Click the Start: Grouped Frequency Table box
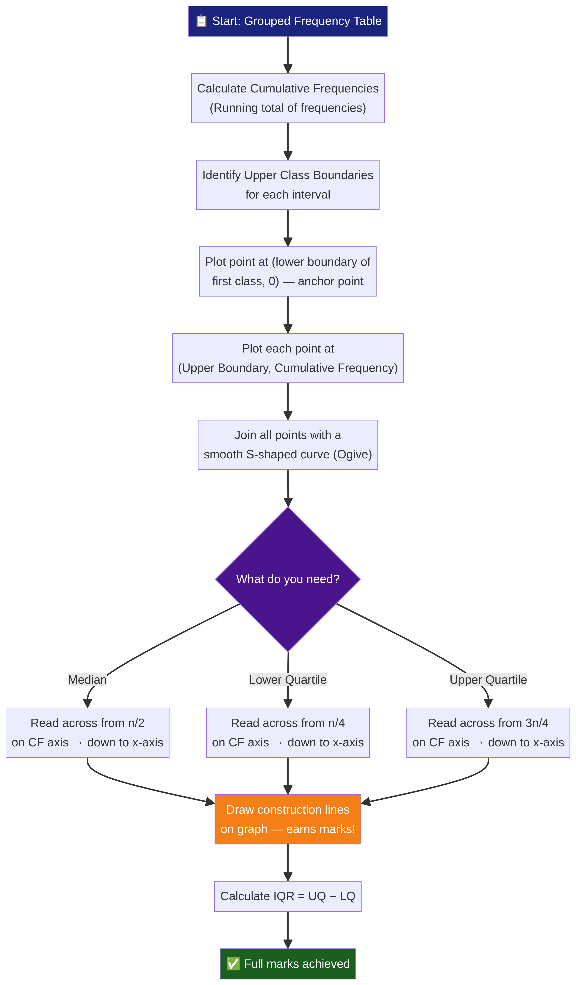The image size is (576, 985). [x=288, y=21]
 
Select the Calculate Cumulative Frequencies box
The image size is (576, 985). [x=288, y=98]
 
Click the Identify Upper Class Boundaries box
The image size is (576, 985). [x=288, y=185]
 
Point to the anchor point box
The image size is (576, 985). [x=288, y=271]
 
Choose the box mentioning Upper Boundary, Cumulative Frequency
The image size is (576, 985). [x=288, y=358]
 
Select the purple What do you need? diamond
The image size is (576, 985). [x=288, y=579]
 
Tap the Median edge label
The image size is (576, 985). [x=87, y=680]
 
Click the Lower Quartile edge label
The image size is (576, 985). [x=288, y=680]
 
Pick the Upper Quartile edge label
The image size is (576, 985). [x=488, y=680]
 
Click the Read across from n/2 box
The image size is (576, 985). [x=87, y=732]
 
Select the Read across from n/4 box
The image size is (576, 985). [x=288, y=732]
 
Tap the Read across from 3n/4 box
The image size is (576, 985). [x=488, y=732]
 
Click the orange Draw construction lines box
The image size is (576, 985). [x=288, y=819]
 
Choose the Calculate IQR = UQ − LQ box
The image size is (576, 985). [x=288, y=896]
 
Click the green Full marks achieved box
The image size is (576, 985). [x=288, y=964]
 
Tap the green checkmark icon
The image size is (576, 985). [x=233, y=964]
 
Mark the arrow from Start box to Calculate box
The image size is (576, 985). [x=288, y=55]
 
